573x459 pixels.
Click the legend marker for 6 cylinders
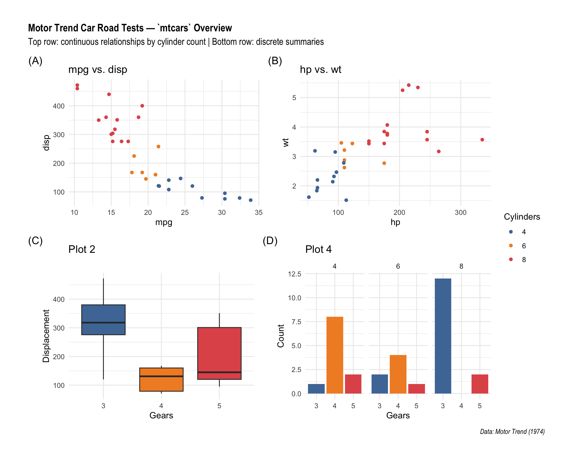[x=511, y=246]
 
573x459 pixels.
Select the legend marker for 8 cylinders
[x=511, y=259]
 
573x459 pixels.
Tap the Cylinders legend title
[x=522, y=217]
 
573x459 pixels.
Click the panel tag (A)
[x=35, y=61]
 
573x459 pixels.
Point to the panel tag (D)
[x=270, y=241]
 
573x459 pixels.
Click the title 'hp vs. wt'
[x=320, y=69]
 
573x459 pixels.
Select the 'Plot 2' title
[x=81, y=249]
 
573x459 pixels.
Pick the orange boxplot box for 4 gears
[x=161, y=380]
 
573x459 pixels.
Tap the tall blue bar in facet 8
[x=443, y=336]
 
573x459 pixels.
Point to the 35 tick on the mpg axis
[x=259, y=212]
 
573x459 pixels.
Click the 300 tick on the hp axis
[x=460, y=212]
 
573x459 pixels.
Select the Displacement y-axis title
[x=46, y=336]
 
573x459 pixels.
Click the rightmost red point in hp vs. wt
[x=482, y=140]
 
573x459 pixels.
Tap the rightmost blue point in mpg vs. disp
[x=251, y=200]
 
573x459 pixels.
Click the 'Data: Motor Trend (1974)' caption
[x=512, y=432]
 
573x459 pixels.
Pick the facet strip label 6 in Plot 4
[x=398, y=266]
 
